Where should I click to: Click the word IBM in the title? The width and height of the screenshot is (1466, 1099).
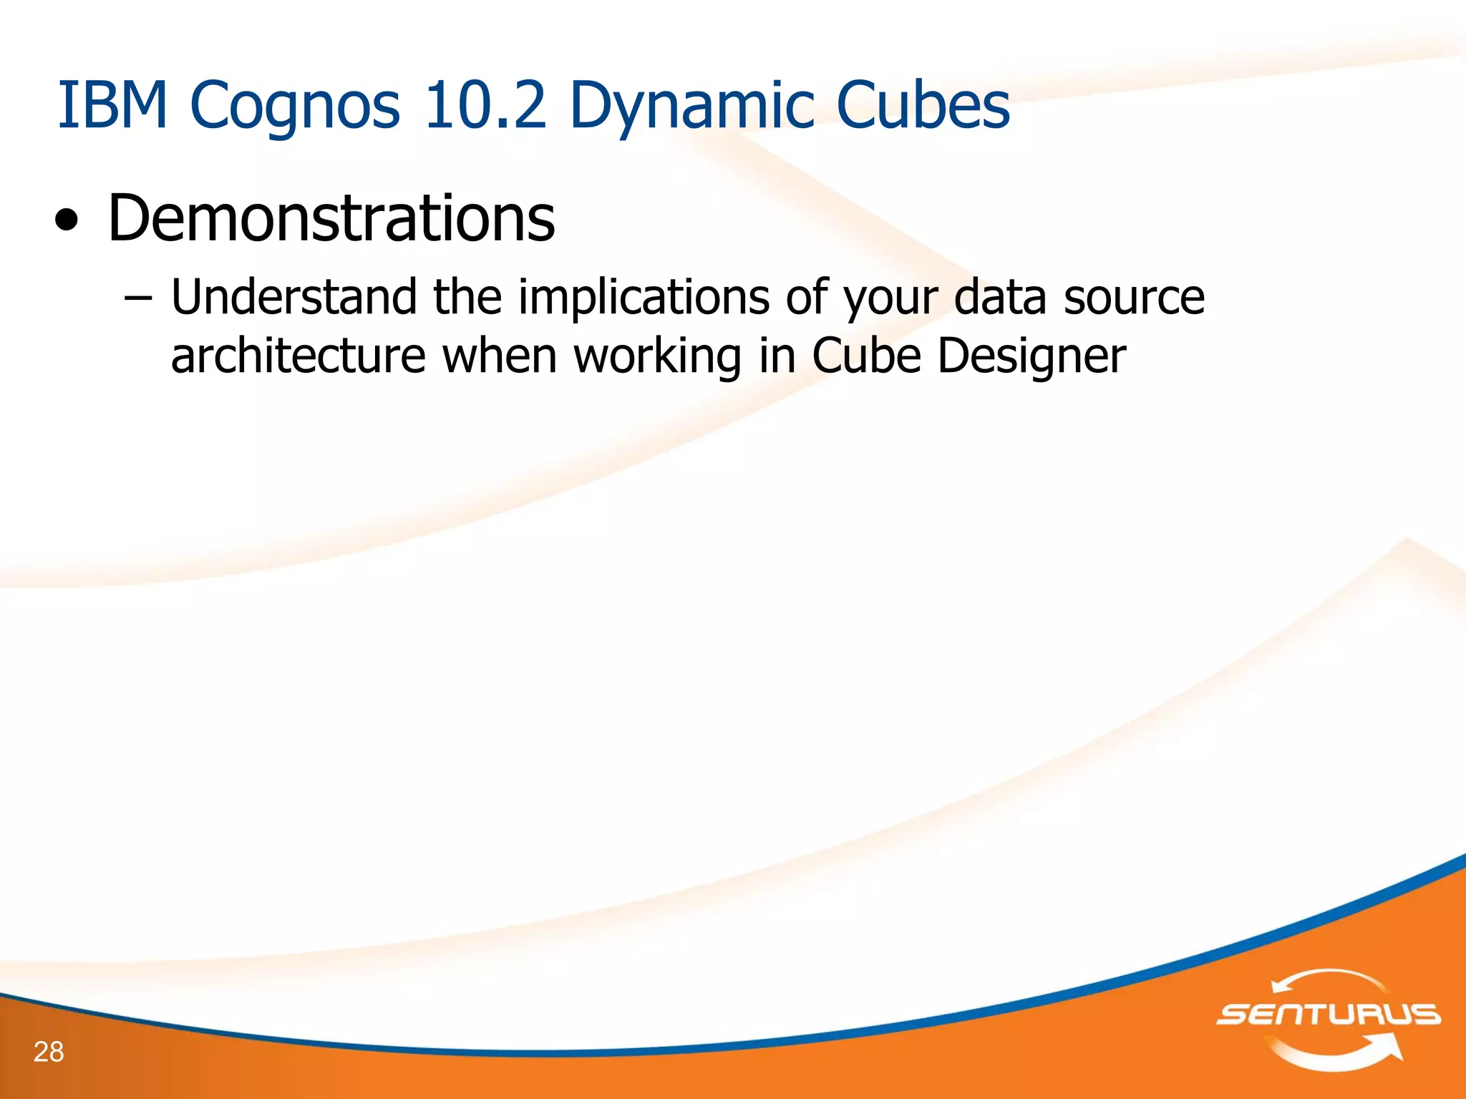click(112, 105)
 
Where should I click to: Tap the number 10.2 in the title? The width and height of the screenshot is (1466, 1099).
click(485, 105)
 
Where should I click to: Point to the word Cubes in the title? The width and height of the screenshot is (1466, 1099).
click(923, 105)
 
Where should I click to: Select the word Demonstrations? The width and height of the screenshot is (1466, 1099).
click(331, 218)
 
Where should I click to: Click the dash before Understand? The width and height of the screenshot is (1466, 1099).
click(137, 298)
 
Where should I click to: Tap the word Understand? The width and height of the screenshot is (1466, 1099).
click(293, 297)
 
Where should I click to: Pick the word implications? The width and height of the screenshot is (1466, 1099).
click(644, 297)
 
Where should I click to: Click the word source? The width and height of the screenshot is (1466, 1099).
click(1134, 297)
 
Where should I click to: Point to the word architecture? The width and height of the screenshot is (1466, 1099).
click(298, 356)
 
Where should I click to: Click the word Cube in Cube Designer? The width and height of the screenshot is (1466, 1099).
click(866, 356)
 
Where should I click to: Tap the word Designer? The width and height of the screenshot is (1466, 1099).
click(1031, 356)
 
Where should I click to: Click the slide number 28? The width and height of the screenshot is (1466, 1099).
click(49, 1052)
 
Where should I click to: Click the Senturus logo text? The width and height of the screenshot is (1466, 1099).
click(1329, 1015)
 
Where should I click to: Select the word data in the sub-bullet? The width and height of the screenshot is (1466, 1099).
click(1000, 297)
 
